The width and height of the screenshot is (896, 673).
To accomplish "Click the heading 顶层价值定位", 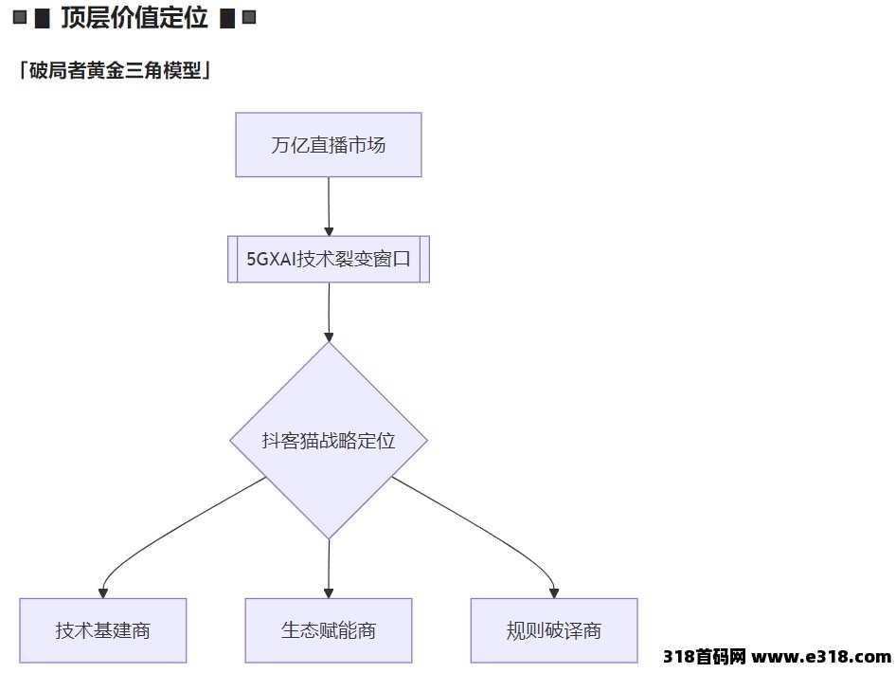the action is point(134,18).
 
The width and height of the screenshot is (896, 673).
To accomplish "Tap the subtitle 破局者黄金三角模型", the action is point(116,70).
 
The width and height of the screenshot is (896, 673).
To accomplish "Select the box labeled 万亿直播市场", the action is point(329,145).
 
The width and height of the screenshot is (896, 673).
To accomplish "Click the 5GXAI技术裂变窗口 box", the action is point(329,259).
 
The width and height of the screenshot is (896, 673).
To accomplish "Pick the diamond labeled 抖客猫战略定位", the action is point(329,440).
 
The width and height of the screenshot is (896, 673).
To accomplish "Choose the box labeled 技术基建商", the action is point(103,630).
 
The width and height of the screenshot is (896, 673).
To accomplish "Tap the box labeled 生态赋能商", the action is point(329,630).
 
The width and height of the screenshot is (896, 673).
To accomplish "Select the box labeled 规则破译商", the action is point(554,630).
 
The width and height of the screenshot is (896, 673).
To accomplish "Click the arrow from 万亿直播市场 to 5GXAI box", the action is point(329,207).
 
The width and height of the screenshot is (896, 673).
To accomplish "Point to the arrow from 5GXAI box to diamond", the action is point(329,312).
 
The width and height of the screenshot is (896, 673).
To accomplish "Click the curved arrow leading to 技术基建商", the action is point(171,532).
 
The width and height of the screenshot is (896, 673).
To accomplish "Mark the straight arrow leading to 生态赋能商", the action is point(329,569).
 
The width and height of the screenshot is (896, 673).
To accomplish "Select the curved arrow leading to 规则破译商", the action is point(486,532).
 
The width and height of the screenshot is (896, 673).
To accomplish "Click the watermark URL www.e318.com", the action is point(821,657).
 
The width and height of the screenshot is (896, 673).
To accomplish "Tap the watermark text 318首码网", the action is point(704,657).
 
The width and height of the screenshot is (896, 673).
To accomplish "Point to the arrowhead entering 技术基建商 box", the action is point(103,593).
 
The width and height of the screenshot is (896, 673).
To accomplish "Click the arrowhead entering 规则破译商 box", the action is point(554,593).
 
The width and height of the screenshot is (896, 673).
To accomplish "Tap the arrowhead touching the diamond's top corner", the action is point(329,337).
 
